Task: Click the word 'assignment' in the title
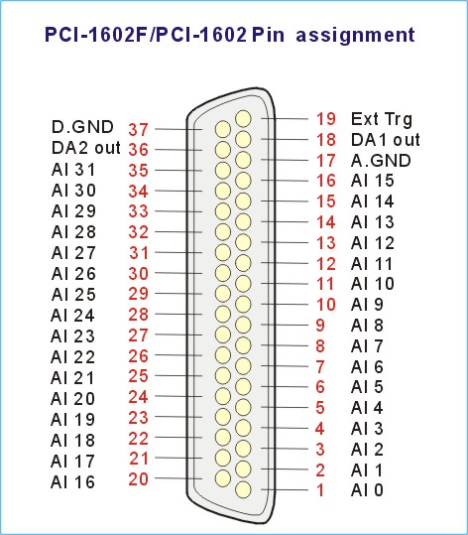coord(355,35)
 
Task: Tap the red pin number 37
coord(139,129)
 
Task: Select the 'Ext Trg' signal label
coord(382,119)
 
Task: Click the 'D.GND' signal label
coord(82,127)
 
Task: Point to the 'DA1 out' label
coord(386,140)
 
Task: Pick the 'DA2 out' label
coord(86,148)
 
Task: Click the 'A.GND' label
coord(381,161)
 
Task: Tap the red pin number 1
coord(320,490)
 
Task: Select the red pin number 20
coord(139,479)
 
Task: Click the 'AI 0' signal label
coord(367,490)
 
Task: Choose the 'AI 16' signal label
coord(72,482)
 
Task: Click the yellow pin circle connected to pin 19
coord(243,119)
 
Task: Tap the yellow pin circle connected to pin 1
coord(243,489)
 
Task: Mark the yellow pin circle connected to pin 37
coord(223,129)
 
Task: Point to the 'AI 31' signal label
coord(73,170)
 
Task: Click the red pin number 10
coord(326,305)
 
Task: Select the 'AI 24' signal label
coord(72,316)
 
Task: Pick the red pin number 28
coord(139,315)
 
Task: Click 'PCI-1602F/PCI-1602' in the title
coord(146,35)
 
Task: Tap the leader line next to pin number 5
coord(285,407)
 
